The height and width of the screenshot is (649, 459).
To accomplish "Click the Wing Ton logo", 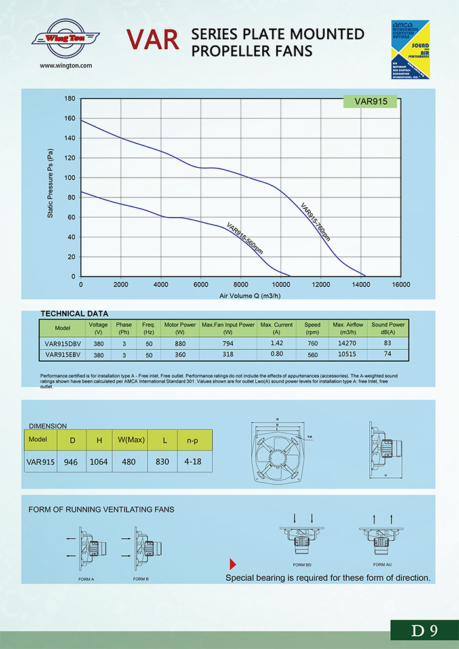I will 66,38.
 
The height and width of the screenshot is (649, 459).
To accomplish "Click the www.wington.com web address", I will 66,66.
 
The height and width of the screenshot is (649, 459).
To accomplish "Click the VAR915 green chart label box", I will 370,102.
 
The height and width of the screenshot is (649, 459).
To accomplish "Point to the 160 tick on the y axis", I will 70,119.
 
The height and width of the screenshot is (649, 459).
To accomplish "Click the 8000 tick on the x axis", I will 241,285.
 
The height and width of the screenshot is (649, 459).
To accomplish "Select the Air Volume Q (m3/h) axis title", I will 240,296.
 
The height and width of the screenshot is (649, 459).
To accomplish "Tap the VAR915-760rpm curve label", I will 315,222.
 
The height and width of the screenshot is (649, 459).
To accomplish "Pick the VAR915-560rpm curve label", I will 245,239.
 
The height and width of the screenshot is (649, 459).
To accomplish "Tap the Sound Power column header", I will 388,328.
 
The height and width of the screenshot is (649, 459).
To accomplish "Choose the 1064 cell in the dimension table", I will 98,462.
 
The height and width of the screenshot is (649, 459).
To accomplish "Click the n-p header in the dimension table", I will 192,440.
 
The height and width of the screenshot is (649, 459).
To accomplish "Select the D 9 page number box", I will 424,631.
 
